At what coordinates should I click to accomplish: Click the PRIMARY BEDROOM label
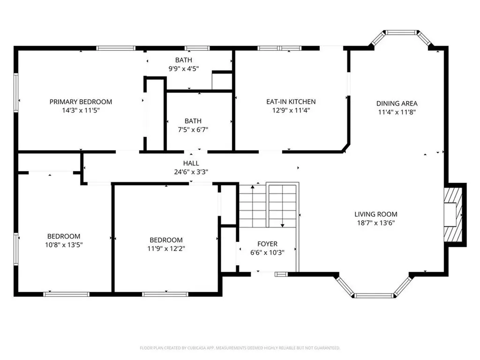pos(81,102)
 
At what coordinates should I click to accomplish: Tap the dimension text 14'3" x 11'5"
pos(81,110)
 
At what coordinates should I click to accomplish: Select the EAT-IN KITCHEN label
pos(291,102)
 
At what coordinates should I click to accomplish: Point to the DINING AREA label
pos(397,104)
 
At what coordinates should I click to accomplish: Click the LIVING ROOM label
pos(376,214)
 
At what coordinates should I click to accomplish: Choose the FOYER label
pos(267,244)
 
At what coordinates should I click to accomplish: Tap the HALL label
pos(191,163)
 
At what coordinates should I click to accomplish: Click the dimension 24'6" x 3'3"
pos(191,172)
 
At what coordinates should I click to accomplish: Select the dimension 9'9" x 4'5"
pos(184,68)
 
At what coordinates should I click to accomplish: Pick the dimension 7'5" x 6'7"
pos(193,129)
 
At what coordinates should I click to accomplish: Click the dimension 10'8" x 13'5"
pos(64,245)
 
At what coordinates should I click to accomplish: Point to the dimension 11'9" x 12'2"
pos(166,248)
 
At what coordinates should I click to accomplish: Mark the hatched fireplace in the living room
pos(453,215)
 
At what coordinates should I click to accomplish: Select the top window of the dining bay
pos(401,32)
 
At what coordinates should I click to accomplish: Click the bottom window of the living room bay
pos(374,295)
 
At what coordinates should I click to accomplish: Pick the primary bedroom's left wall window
pos(16,93)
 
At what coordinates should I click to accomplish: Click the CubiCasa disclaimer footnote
pos(240,348)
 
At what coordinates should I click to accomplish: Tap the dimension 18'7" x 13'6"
pos(376,223)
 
